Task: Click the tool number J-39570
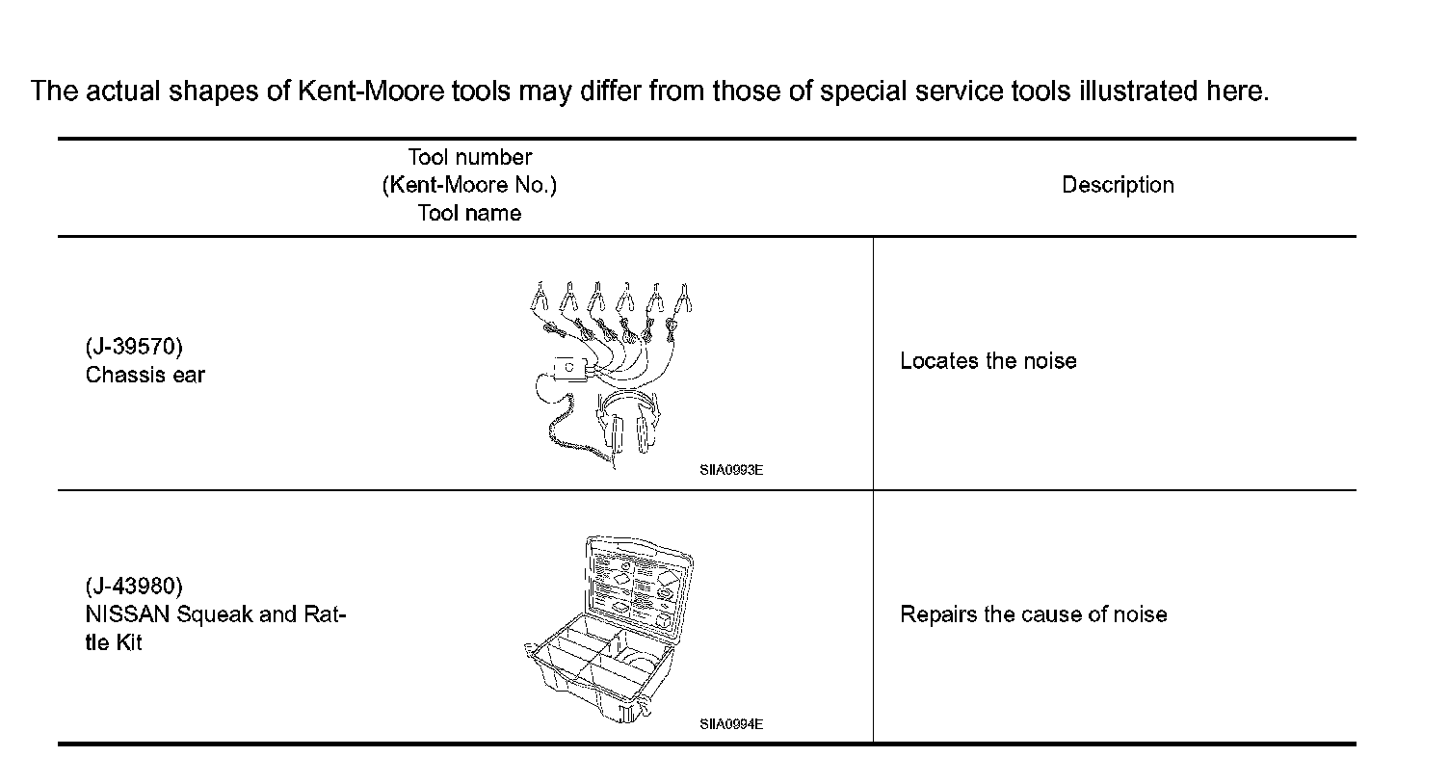[134, 348]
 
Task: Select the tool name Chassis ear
[145, 375]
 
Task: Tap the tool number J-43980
[134, 586]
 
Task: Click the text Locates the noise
[988, 361]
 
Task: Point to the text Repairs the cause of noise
[1033, 614]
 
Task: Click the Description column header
[1118, 185]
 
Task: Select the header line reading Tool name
[469, 213]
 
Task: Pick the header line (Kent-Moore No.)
[469, 185]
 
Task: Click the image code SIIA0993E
[731, 471]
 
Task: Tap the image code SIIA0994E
[731, 724]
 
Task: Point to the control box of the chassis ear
[571, 368]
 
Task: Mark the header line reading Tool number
[469, 157]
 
